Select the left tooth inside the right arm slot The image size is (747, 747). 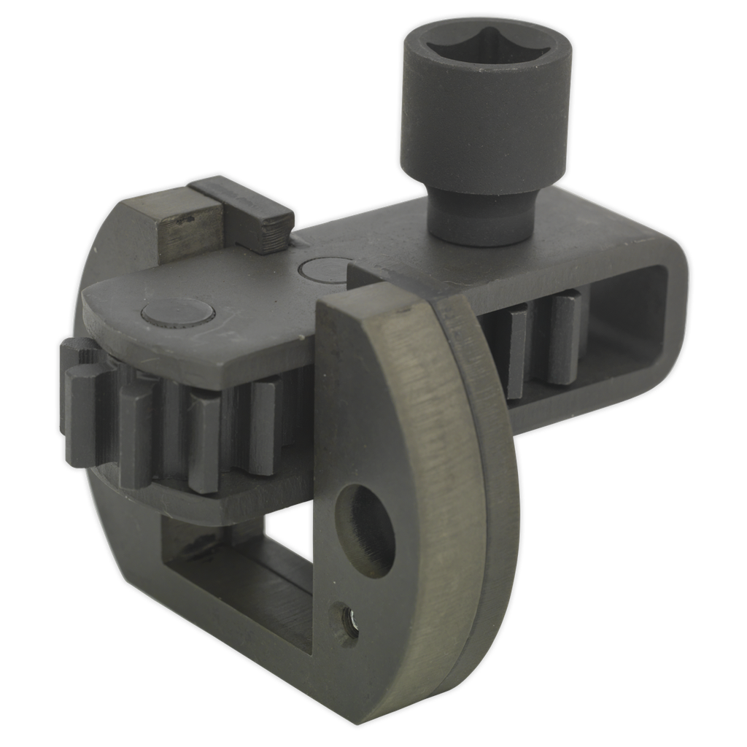pos(514,350)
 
